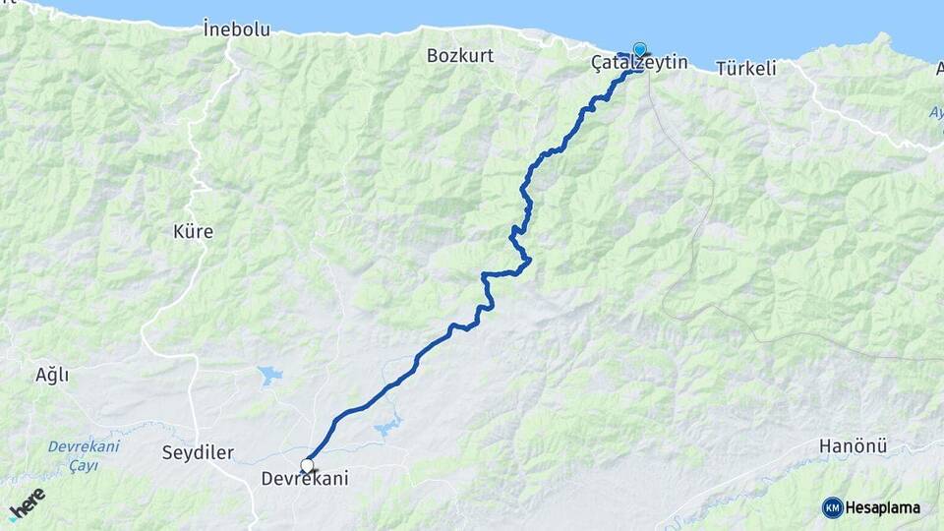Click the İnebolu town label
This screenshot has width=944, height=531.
[236, 29]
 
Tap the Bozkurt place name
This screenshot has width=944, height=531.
[459, 56]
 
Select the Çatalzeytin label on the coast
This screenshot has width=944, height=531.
[638, 64]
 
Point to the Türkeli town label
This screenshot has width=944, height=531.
[746, 69]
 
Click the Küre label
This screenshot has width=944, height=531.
[192, 232]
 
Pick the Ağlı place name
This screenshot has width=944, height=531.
[52, 375]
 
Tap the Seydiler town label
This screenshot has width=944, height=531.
[198, 452]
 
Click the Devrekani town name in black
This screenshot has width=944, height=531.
[305, 479]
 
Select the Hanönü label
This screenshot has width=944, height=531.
[853, 446]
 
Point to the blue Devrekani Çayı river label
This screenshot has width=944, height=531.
[84, 455]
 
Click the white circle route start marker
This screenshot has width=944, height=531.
[307, 465]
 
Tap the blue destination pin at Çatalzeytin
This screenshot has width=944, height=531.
[640, 49]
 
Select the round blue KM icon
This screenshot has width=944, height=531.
[832, 507]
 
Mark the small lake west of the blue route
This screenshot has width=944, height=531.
[268, 375]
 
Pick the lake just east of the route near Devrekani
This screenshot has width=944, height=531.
[385, 428]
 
